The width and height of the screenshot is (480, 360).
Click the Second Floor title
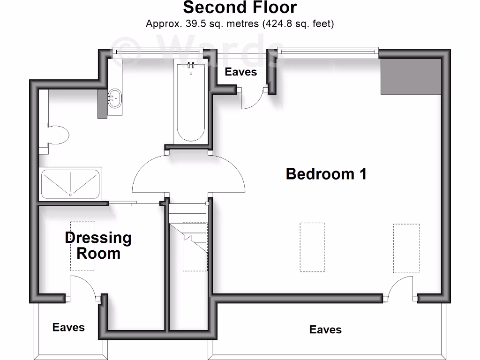240,8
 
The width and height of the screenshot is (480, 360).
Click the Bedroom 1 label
326,174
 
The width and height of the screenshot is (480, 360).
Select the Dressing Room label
98,246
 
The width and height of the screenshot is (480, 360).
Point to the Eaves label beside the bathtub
241,72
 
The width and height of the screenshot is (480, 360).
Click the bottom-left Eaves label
68,327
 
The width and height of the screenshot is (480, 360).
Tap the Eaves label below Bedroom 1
325,330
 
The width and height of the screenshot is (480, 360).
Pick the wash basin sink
114,98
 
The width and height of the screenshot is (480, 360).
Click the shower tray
70,184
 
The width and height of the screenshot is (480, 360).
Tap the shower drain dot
70,194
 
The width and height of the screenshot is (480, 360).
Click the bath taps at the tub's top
191,65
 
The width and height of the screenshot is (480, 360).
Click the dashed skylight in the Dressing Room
82,246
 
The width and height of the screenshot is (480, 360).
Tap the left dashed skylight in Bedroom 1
312,247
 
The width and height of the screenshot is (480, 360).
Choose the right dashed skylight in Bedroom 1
406,248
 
